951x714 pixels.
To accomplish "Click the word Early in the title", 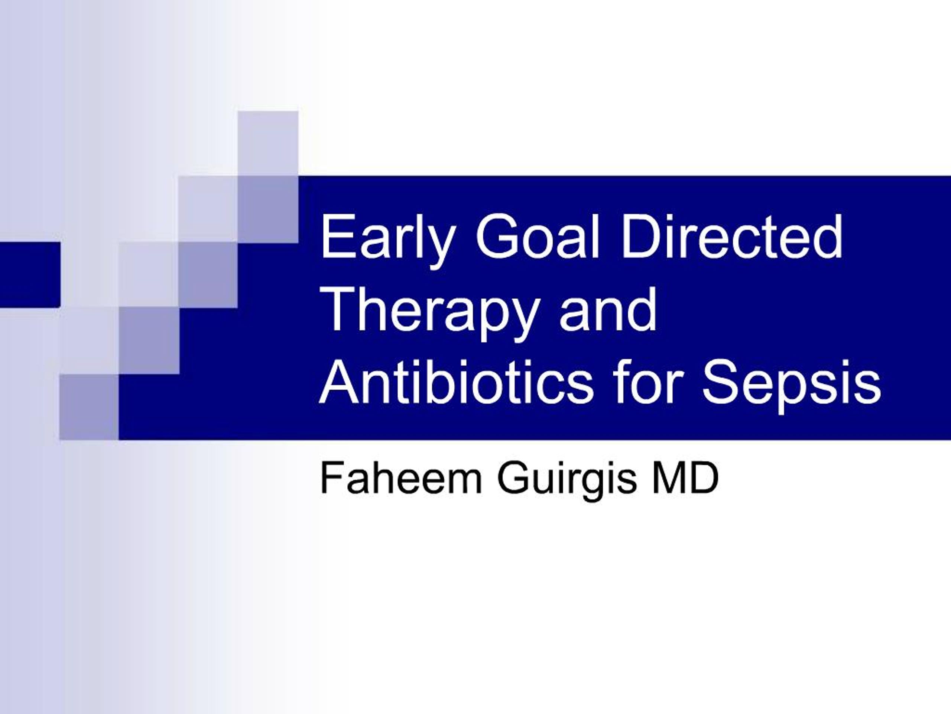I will click(385, 239).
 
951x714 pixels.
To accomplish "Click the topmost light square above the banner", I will click(268, 143).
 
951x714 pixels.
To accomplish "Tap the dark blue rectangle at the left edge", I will click(30, 274).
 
